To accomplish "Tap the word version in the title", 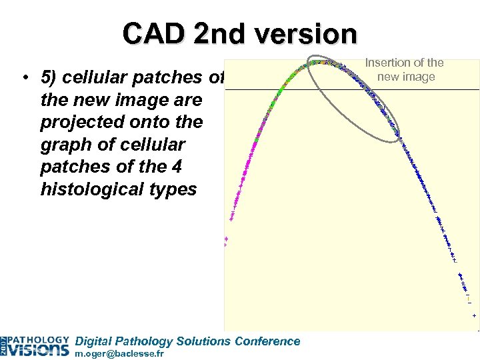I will pos(306,33).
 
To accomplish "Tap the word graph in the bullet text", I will pos(65,145).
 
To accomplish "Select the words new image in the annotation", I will pos(406,77).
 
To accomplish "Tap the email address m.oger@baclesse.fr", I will pos(119,354).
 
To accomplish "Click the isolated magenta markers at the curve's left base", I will pos(226,241).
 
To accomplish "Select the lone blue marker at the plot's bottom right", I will pos(474,315).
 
